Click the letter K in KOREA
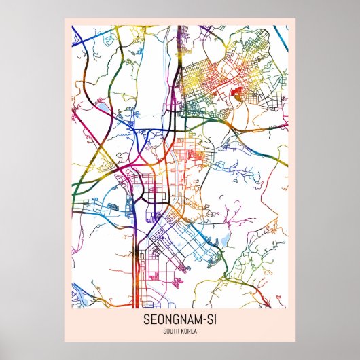click(x=183, y=331)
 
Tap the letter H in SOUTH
click(x=179, y=331)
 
